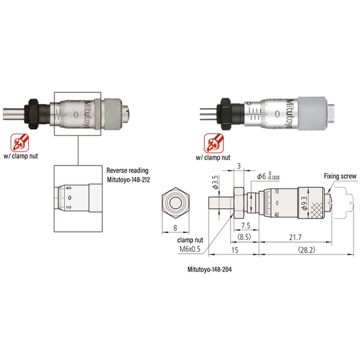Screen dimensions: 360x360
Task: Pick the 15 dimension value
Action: [x=234, y=251]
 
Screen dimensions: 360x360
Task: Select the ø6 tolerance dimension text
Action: [x=268, y=177]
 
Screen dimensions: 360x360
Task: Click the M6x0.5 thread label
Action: [x=190, y=249]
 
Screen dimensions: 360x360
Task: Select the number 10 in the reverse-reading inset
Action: [x=69, y=207]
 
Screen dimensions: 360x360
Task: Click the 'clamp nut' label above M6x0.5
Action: [x=190, y=239]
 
